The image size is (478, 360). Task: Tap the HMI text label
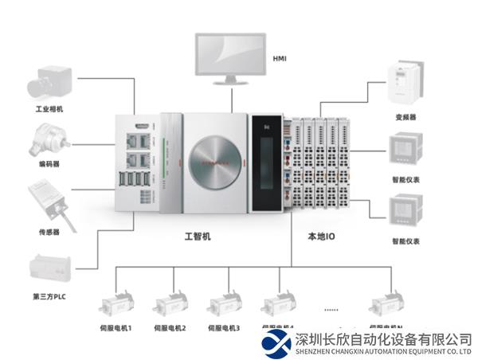[x=280, y=58]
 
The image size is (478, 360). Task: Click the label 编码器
[x=49, y=165]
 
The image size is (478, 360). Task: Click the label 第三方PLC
[x=49, y=297]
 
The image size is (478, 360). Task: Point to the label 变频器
[x=405, y=116]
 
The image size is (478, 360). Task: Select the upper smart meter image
[x=404, y=149]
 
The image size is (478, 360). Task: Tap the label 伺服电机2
[x=170, y=327]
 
